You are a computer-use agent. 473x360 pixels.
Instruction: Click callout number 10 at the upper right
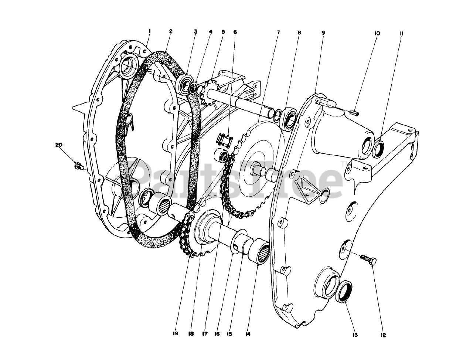(x=377, y=33)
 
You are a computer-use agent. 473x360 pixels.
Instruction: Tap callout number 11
(x=401, y=33)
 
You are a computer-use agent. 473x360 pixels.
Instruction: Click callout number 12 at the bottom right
(x=383, y=335)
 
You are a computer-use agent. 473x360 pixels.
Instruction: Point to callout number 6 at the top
(x=235, y=32)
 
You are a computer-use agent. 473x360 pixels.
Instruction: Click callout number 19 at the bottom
(x=175, y=334)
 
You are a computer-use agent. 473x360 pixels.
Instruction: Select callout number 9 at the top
(x=323, y=33)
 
